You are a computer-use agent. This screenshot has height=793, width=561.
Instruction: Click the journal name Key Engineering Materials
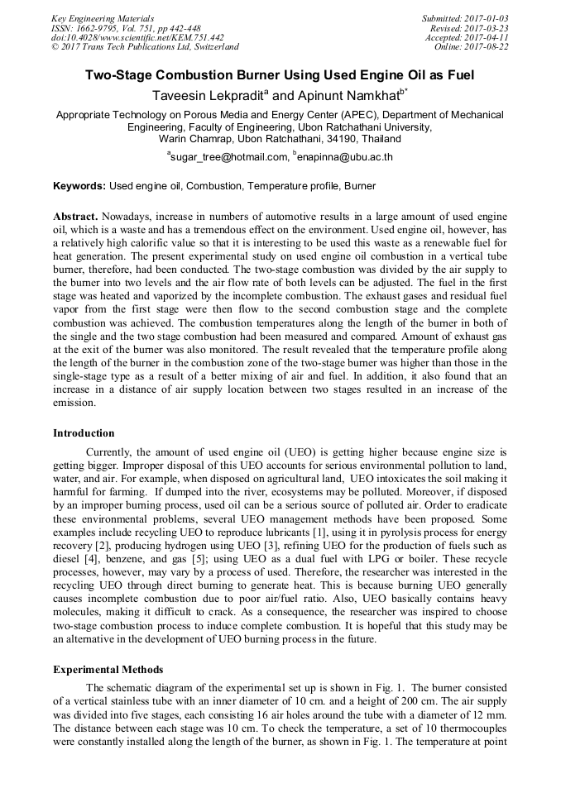[x=102, y=17]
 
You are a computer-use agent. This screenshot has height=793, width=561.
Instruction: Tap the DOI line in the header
[x=137, y=37]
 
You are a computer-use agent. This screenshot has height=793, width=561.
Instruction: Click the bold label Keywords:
[x=79, y=186]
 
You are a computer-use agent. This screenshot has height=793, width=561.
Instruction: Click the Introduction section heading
[x=84, y=432]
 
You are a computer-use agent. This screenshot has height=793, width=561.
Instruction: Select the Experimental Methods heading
[x=108, y=669]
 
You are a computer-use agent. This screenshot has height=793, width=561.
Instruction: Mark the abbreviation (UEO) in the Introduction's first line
[x=315, y=452]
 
